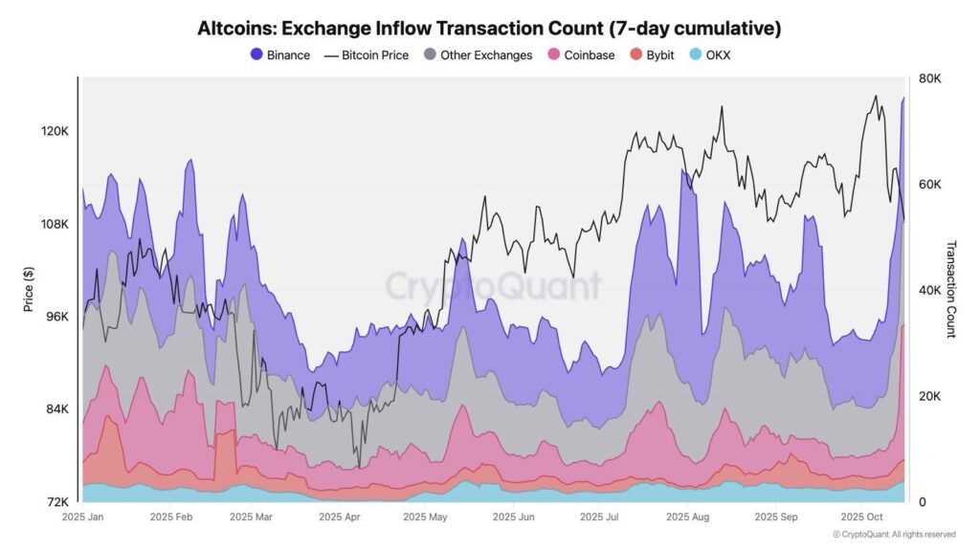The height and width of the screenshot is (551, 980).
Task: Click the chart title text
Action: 489,29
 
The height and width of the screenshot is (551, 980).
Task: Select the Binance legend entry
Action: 279,55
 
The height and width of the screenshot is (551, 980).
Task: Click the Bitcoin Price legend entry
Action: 367,55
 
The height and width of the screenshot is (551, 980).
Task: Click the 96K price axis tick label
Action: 56,317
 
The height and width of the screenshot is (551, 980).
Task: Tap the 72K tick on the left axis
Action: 56,501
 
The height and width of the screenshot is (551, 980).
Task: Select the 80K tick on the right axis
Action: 929,79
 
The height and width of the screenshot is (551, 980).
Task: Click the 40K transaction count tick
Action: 929,291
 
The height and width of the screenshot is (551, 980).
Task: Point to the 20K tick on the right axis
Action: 929,396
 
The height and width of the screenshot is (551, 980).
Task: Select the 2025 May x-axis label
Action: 425,517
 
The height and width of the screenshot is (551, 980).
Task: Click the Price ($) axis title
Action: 30,290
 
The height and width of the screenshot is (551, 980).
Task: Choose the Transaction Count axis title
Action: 951,290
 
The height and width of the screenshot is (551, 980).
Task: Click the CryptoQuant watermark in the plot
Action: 493,286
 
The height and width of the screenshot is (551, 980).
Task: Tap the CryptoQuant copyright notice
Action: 894,535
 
